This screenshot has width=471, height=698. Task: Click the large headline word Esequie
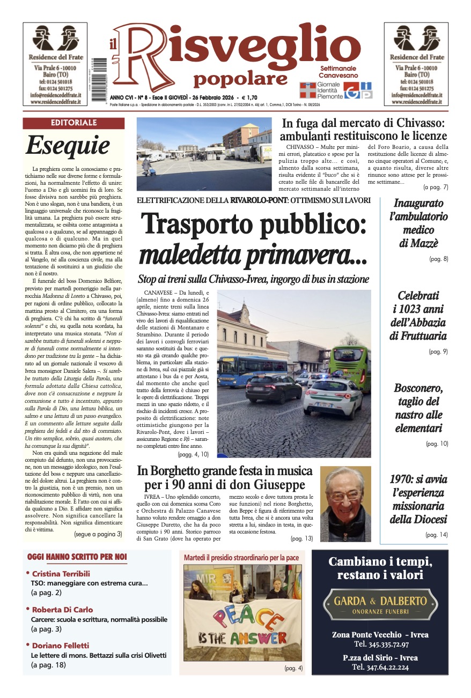click(x=68, y=145)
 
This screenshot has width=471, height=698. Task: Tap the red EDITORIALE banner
click(x=73, y=123)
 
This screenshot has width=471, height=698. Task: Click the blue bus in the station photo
click(x=253, y=370)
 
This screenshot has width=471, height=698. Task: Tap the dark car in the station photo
click(x=273, y=388)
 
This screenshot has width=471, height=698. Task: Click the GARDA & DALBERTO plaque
click(x=380, y=603)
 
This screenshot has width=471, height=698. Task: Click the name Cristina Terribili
click(x=61, y=574)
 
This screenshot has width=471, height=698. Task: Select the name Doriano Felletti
click(x=60, y=646)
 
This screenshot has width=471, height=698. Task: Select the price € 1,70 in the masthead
click(x=251, y=97)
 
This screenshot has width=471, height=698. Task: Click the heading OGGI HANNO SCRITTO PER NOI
click(x=77, y=557)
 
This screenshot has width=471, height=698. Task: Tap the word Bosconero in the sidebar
click(x=418, y=388)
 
